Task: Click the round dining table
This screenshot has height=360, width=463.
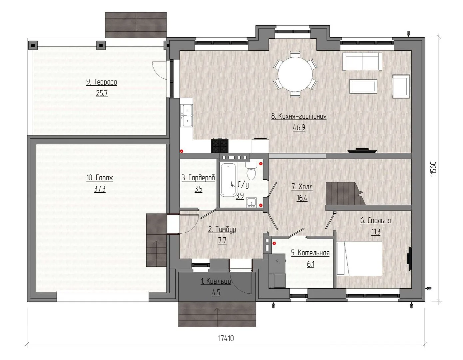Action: (x=295, y=74)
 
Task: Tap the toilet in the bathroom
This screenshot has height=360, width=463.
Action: (x=251, y=171)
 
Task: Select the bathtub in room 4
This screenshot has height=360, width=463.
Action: (x=228, y=179)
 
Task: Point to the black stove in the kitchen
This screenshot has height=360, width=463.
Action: (x=220, y=146)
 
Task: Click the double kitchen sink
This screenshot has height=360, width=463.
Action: (x=187, y=116)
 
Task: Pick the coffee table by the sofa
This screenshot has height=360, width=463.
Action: (x=363, y=86)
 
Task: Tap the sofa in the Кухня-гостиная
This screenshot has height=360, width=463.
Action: (x=362, y=62)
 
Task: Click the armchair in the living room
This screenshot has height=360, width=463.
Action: (x=401, y=86)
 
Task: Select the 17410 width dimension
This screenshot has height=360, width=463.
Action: (x=226, y=338)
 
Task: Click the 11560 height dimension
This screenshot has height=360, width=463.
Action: (x=433, y=169)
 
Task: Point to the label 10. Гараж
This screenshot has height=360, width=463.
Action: (x=100, y=178)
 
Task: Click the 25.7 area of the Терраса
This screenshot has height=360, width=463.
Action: (x=102, y=93)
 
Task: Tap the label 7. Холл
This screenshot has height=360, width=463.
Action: (x=302, y=187)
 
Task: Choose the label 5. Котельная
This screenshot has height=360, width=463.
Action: (x=310, y=253)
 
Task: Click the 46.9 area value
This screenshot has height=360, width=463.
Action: (x=299, y=127)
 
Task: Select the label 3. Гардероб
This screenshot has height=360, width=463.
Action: (x=198, y=178)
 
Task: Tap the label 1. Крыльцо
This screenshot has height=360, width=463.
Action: (x=216, y=281)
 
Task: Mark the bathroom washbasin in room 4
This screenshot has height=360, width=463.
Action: (x=251, y=203)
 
